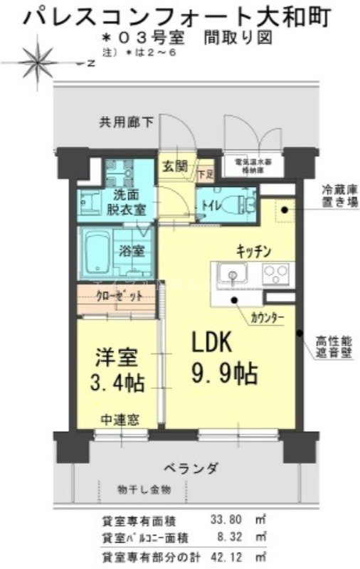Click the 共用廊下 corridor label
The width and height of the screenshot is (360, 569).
coord(126,122)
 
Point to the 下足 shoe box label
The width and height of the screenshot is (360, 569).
coord(205,172)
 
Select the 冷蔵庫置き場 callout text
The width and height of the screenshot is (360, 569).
coord(336,195)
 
